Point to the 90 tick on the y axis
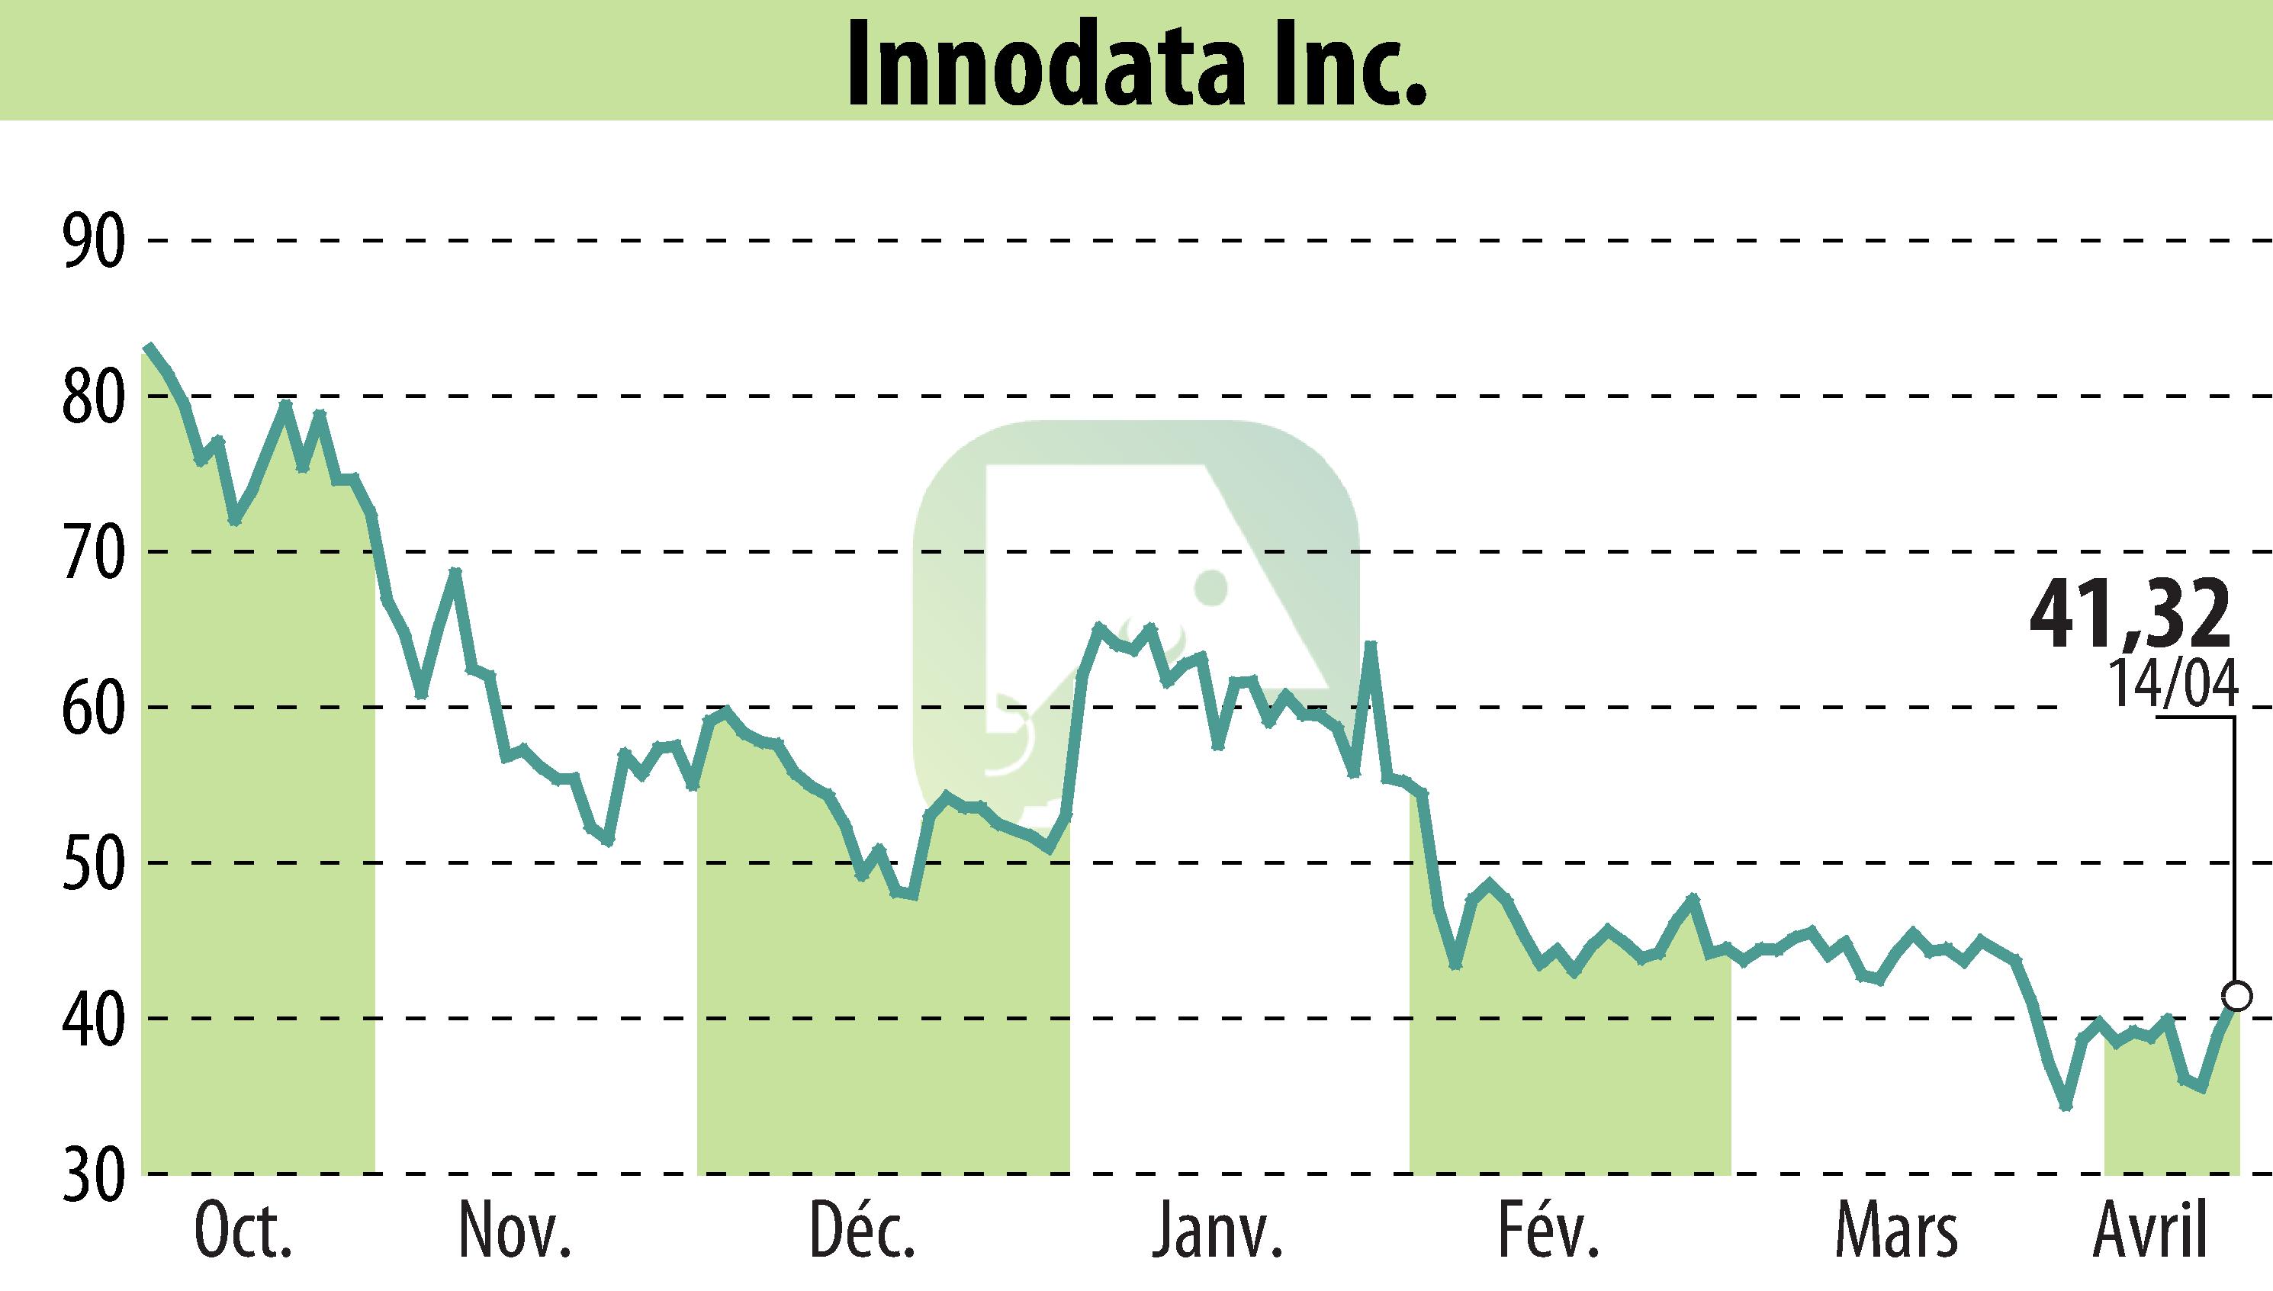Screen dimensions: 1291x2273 pyautogui.click(x=92, y=242)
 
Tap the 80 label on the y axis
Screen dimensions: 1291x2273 pyautogui.click(x=92, y=397)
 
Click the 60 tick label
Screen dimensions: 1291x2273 pyautogui.click(x=92, y=708)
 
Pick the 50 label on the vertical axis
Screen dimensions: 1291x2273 pyautogui.click(x=92, y=864)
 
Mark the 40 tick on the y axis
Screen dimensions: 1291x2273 pyautogui.click(x=92, y=1020)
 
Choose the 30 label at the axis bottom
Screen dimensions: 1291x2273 pyautogui.click(x=92, y=1176)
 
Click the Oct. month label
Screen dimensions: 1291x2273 pyautogui.click(x=243, y=1232)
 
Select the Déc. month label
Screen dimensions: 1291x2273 pyautogui.click(x=862, y=1232)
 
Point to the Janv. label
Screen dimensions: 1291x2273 pyautogui.click(x=1217, y=1232)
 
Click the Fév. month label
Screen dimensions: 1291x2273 pyautogui.click(x=1548, y=1232)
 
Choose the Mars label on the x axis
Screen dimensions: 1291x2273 pyautogui.click(x=1895, y=1232)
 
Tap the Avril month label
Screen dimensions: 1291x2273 pyautogui.click(x=2149, y=1232)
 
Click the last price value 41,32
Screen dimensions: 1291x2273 pyautogui.click(x=2130, y=615)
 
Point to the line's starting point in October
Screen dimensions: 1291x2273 pyautogui.click(x=149, y=347)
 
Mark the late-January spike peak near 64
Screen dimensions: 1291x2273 pyautogui.click(x=1370, y=644)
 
